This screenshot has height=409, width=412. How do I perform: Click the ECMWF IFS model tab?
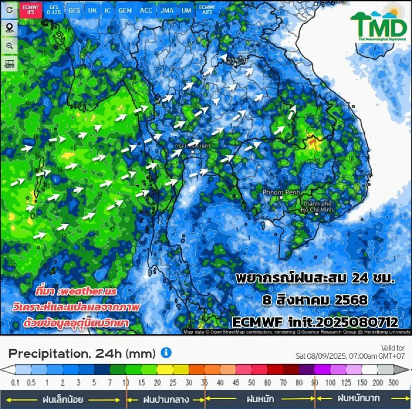click(x=31, y=10)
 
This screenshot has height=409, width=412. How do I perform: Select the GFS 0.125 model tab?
click(x=54, y=10)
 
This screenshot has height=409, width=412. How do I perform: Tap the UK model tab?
click(x=92, y=10)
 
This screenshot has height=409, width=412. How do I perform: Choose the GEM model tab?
click(x=125, y=10)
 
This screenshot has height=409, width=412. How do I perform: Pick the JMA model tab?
click(x=167, y=10)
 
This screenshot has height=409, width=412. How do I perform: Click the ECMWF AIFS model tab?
click(x=207, y=10)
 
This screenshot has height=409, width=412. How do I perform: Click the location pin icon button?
click(x=9, y=28)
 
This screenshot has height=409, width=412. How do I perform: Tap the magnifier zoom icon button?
click(x=9, y=46)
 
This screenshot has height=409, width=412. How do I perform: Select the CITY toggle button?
click(x=9, y=64)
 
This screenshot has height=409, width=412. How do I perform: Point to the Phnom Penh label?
click(x=281, y=193)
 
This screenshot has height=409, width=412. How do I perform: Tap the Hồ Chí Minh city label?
click(x=317, y=207)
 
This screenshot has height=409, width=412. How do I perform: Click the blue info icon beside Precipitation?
click(x=166, y=353)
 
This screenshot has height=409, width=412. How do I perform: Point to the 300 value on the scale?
click(x=393, y=383)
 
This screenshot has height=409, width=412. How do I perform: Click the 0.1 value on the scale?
click(x=15, y=383)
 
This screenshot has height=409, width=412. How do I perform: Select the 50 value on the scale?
click(x=252, y=383)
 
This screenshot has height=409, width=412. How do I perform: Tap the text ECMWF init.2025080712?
click(x=315, y=322)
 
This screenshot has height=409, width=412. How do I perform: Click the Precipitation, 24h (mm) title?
click(x=82, y=353)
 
